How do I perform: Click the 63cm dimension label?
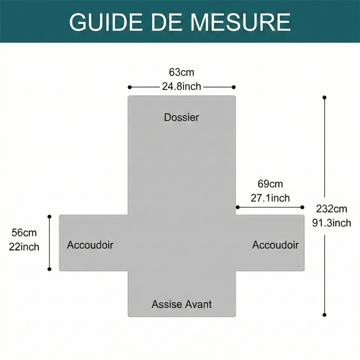point(181,72)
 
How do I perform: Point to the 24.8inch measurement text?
point(181,86)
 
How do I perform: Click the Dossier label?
point(181,117)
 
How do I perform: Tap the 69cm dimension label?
point(270,184)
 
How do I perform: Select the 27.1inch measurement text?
point(270,198)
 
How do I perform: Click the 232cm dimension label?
point(332,209)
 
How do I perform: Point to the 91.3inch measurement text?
point(332,223)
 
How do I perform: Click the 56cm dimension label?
point(24,233)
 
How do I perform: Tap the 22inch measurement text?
point(24,247)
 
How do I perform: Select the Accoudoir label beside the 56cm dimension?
point(90,245)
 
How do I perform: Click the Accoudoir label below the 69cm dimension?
point(275,245)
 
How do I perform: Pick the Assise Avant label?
point(181,304)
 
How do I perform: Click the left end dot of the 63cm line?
point(130,87)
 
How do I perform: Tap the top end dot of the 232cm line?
point(324,98)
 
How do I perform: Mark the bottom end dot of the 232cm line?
point(324,315)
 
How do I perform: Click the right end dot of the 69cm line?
point(302,207)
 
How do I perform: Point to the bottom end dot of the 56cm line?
point(49,269)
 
